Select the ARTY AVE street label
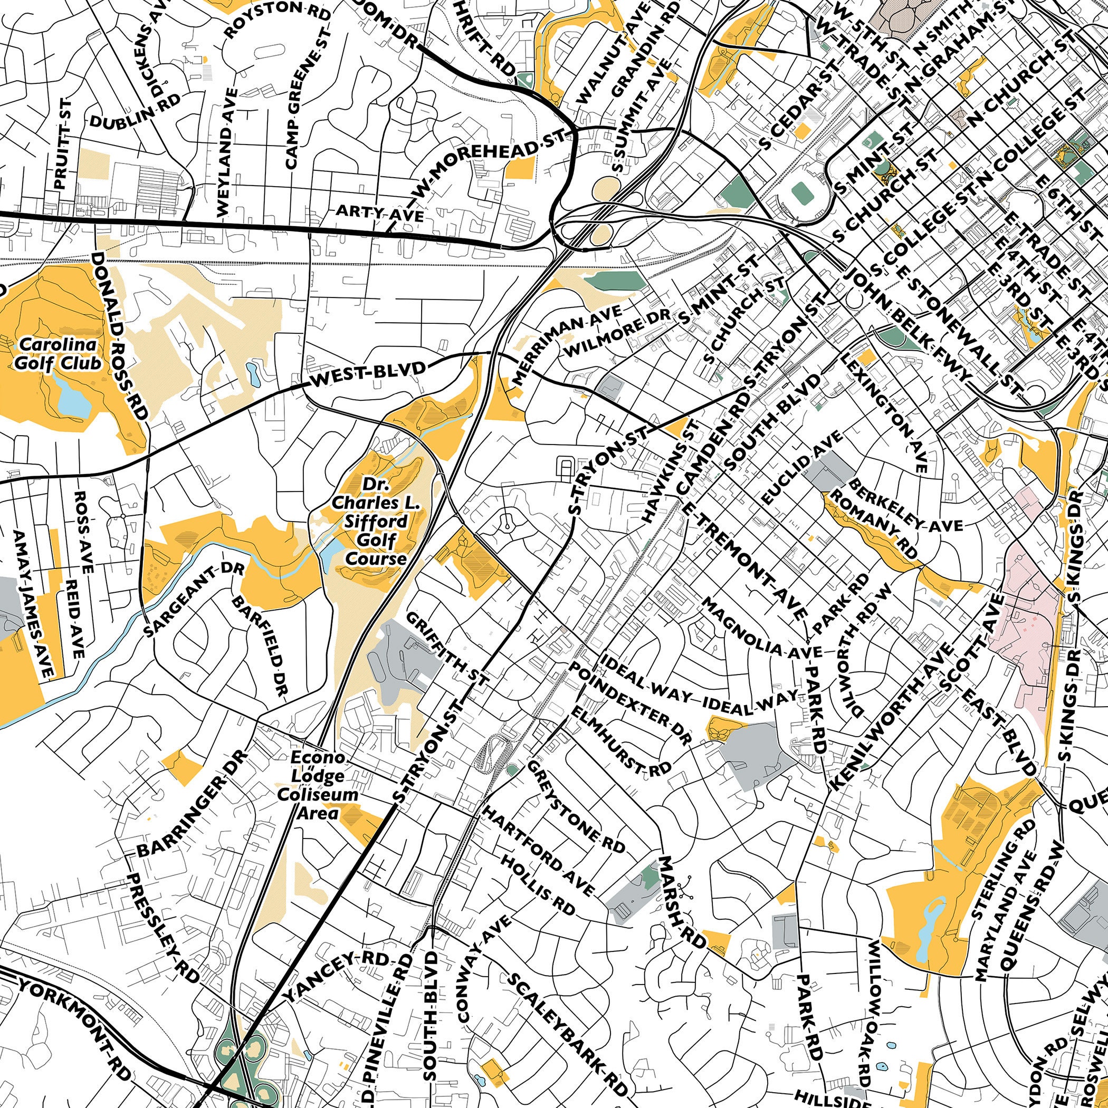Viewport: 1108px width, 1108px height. coord(379,214)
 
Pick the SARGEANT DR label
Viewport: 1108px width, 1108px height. coord(195,599)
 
